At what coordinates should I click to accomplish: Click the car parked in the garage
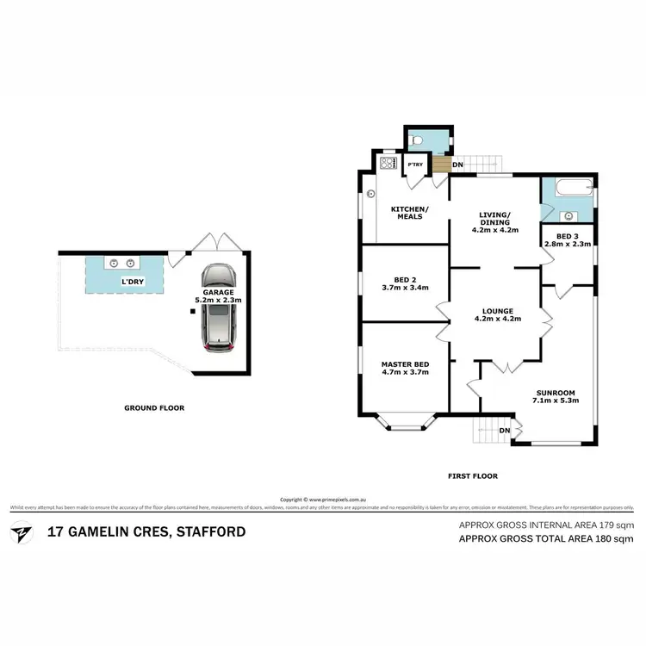219,307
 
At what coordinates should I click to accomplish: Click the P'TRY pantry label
415,165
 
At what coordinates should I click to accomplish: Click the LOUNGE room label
498,315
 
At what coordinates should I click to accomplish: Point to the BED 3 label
568,239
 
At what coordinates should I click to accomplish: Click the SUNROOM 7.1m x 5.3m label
553,396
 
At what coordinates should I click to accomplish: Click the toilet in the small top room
417,139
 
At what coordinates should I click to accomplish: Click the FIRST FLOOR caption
473,475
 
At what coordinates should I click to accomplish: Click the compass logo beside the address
19,531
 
